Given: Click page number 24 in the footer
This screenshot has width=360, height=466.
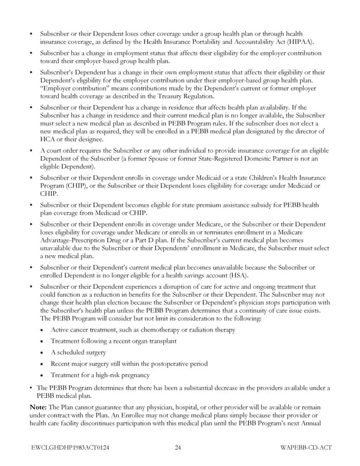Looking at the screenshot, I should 179,447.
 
